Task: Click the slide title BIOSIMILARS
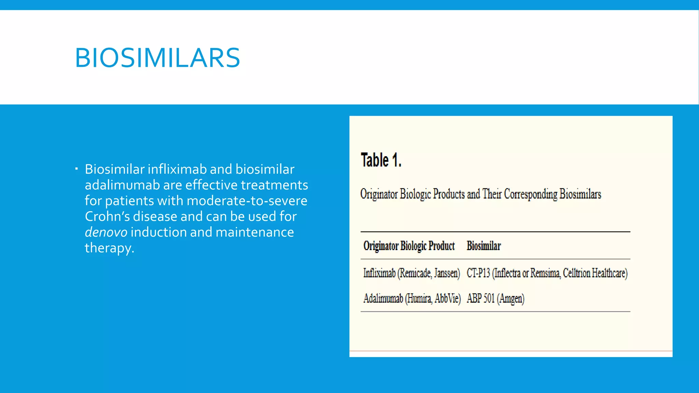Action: point(157,58)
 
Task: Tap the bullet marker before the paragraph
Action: point(77,168)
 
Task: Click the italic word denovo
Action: point(106,232)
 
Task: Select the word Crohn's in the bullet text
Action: point(107,217)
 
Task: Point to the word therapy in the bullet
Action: point(109,248)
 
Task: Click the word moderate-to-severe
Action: point(247,201)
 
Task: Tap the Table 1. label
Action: point(381,160)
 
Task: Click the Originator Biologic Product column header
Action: point(409,246)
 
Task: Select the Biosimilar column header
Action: point(484,246)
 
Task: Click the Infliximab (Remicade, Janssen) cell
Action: point(411,273)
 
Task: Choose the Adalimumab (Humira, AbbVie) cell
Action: point(412,299)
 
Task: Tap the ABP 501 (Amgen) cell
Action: point(495,299)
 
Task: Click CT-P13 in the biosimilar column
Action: point(478,273)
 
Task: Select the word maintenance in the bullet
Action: point(255,232)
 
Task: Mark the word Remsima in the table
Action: point(545,273)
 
